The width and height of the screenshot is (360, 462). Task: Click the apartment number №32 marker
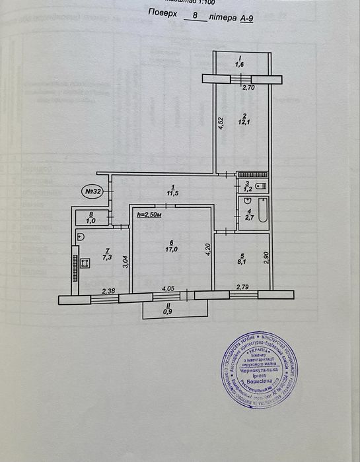tap(91, 191)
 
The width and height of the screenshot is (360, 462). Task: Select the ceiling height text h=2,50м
tap(149, 214)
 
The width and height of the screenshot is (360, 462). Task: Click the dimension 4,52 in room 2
tap(221, 123)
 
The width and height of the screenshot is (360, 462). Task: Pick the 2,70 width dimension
tap(248, 87)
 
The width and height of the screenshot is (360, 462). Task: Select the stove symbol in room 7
tap(85, 263)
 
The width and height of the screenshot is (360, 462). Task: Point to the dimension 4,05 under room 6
tap(168, 288)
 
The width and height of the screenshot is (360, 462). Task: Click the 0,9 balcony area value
tap(174, 312)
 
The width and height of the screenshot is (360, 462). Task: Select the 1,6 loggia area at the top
tap(242, 65)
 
